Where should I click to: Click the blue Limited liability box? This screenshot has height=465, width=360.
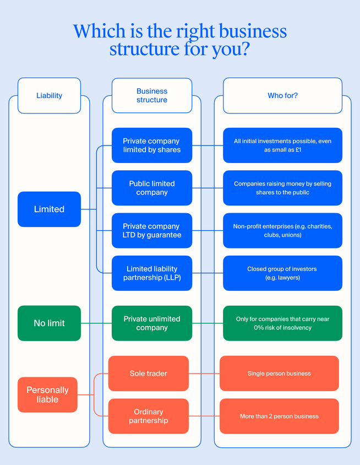(x=49, y=209)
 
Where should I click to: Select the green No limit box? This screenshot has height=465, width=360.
(x=49, y=323)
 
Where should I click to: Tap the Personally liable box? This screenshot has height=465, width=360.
(x=47, y=394)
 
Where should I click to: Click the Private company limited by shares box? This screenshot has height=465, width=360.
(x=152, y=145)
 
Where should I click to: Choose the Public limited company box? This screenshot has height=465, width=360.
(x=152, y=188)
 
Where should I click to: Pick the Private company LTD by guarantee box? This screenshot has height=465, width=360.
(x=152, y=230)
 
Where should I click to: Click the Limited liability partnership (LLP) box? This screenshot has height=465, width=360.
(x=152, y=273)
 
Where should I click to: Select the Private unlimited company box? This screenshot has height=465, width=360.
(x=152, y=323)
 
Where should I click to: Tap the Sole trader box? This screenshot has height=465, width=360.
(x=149, y=374)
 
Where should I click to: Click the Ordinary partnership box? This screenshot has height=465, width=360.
(x=149, y=416)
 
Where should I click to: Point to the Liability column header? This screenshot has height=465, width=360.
(x=49, y=95)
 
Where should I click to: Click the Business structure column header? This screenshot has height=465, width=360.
(x=152, y=95)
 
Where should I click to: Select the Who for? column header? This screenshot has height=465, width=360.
(x=282, y=95)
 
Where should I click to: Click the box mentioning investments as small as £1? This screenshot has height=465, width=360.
(x=282, y=145)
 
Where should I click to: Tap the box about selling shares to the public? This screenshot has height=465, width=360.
(x=282, y=188)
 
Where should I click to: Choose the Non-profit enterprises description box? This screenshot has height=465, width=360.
(x=282, y=230)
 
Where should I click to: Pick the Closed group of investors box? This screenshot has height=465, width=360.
(x=282, y=273)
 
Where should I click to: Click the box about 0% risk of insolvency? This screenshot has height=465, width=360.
(x=282, y=323)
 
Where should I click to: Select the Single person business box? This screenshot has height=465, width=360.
(x=279, y=374)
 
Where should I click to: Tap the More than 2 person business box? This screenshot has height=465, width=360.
(x=279, y=416)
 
